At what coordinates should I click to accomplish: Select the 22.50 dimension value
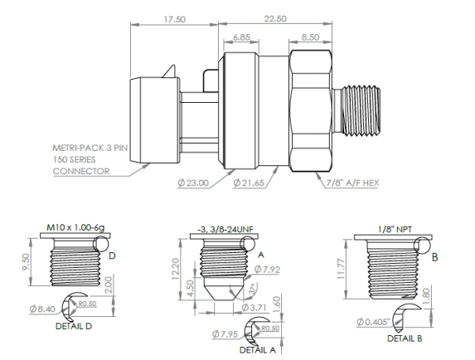(x=275, y=17)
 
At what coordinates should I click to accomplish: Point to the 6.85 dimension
(x=242, y=38)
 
